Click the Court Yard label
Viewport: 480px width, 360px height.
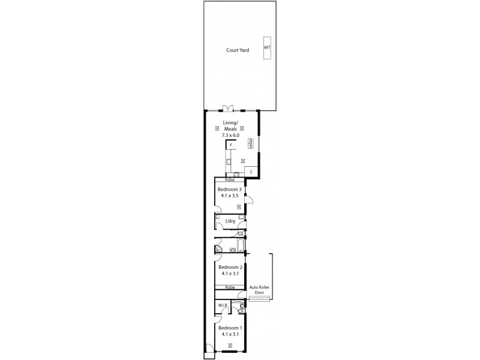[238, 50]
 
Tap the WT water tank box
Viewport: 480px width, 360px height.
[267, 47]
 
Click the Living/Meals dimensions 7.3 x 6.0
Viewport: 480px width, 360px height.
[231, 136]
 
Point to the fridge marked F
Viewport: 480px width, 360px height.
[230, 145]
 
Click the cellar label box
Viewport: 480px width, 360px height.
[250, 144]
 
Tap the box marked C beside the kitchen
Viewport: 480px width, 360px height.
[251, 172]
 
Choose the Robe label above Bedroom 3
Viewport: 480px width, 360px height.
[229, 180]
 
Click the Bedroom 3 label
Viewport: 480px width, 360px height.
[230, 190]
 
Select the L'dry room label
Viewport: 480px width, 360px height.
[230, 221]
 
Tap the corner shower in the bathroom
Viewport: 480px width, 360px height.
[218, 248]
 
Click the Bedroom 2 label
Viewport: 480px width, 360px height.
[230, 267]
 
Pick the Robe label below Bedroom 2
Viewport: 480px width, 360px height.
[230, 287]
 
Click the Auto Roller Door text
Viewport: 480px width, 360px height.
[259, 290]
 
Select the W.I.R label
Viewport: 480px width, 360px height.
[223, 305]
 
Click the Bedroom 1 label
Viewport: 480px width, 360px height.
[230, 328]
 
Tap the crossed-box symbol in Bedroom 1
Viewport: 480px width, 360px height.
[230, 345]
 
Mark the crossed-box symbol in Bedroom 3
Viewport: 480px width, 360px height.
[239, 206]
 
